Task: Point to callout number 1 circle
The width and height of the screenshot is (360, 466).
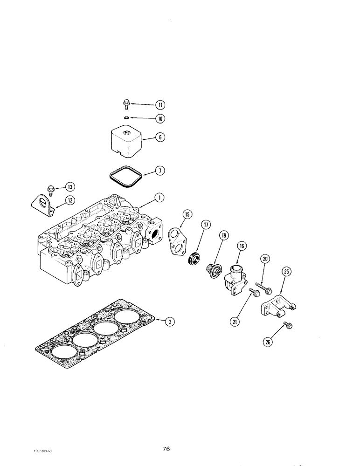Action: pos(159,198)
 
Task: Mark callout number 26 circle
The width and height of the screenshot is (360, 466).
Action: pos(267,342)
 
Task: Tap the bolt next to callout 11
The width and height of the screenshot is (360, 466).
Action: pos(126,103)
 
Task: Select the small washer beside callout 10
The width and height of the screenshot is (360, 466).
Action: pos(126,118)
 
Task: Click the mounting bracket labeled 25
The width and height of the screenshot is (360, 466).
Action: pos(278,308)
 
